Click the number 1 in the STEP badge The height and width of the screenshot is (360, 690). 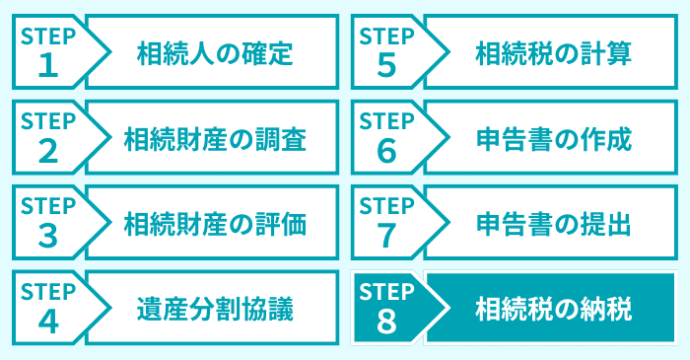[47, 65]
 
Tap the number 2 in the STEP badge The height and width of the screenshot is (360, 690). [47, 151]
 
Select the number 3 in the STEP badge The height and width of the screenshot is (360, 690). [47, 236]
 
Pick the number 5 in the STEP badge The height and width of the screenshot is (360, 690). [386, 65]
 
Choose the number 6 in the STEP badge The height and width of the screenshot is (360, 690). [386, 151]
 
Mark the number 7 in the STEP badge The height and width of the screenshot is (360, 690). [386, 236]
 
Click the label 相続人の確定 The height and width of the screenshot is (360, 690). [214, 52]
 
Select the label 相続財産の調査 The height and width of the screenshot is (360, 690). [214, 138]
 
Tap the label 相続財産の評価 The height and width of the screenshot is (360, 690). [214, 223]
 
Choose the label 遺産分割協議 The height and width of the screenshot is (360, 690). [214, 308]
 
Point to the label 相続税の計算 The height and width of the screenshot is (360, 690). [553, 52]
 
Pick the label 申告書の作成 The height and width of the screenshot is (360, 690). [553, 138]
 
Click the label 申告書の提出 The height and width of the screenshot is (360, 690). [553, 223]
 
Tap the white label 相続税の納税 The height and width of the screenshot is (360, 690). [553, 308]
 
